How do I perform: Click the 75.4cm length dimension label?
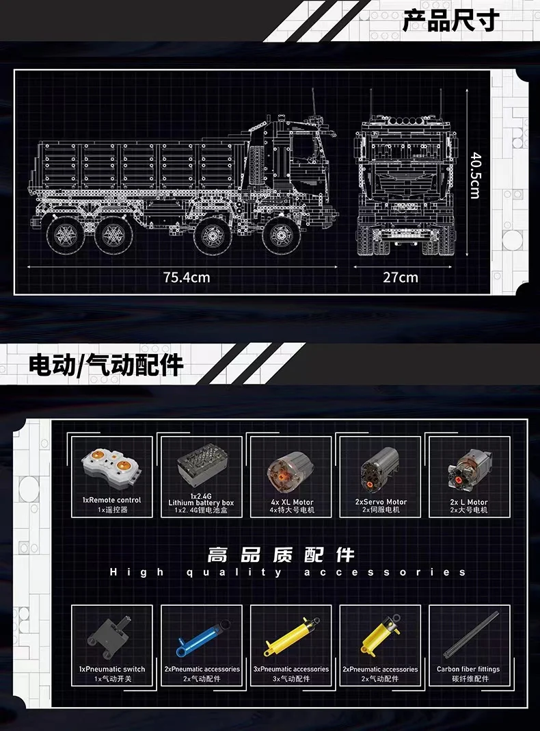(x=187, y=277)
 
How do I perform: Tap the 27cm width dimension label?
(x=400, y=277)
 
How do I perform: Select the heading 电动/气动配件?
(x=106, y=365)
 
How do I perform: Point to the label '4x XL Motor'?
(x=292, y=502)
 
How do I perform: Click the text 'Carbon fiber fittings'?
(x=468, y=669)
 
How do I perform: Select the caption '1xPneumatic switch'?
(x=112, y=669)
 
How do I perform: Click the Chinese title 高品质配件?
(x=281, y=554)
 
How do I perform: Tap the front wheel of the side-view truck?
(x=281, y=235)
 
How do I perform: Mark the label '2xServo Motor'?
(x=381, y=502)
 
